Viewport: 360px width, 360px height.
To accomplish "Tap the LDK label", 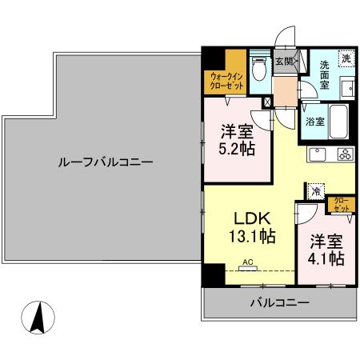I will (x=254, y=217).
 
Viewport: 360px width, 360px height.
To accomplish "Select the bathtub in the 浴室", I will (x=338, y=122).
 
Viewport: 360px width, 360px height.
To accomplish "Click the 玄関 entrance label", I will (x=283, y=59).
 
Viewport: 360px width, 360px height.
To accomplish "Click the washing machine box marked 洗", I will (x=346, y=58).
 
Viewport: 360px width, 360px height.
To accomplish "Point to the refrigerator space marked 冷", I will (x=316, y=192).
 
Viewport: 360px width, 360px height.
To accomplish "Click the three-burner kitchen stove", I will (x=345, y=154).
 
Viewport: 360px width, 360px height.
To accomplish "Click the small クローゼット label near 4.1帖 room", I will (x=342, y=203).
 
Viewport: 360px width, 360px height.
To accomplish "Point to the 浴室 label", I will (x=315, y=122).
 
